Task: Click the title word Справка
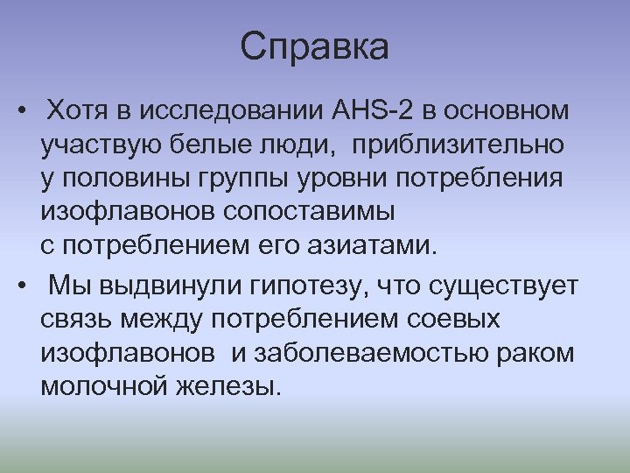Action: coord(314,47)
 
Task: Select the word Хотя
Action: coord(77,111)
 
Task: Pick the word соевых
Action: coord(454,319)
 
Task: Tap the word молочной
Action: coord(98,386)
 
